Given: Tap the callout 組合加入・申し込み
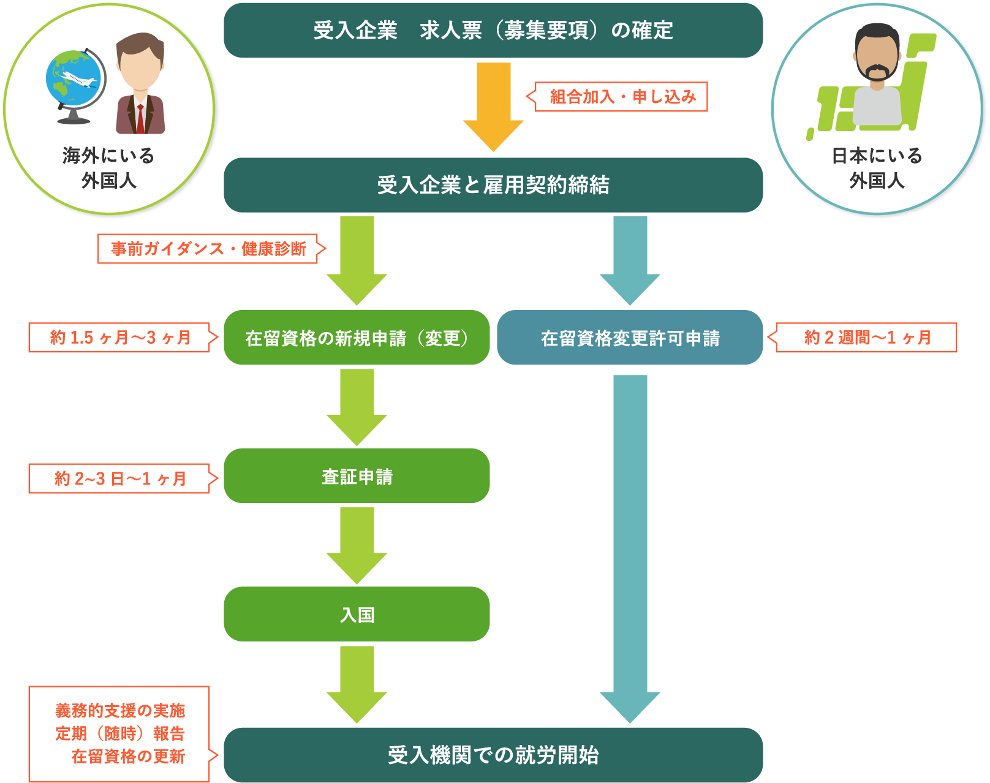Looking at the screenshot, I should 622,97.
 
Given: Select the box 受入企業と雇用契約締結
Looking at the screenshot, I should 493,185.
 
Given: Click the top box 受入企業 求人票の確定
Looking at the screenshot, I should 493,31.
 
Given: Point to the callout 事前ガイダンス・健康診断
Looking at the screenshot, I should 208,249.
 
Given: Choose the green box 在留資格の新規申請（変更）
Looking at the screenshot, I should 357,338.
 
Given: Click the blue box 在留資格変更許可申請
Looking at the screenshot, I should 630,338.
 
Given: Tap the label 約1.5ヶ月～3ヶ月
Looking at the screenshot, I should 120,338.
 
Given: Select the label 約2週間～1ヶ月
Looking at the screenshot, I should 866,338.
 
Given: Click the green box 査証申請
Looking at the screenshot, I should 357,476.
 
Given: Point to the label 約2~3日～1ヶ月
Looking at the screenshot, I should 120,478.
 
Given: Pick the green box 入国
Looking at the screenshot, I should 357,615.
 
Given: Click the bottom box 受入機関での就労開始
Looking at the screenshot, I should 493,755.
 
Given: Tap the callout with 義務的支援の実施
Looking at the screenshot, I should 119,734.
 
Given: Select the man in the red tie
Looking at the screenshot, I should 141,86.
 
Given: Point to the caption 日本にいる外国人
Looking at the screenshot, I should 877,168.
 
